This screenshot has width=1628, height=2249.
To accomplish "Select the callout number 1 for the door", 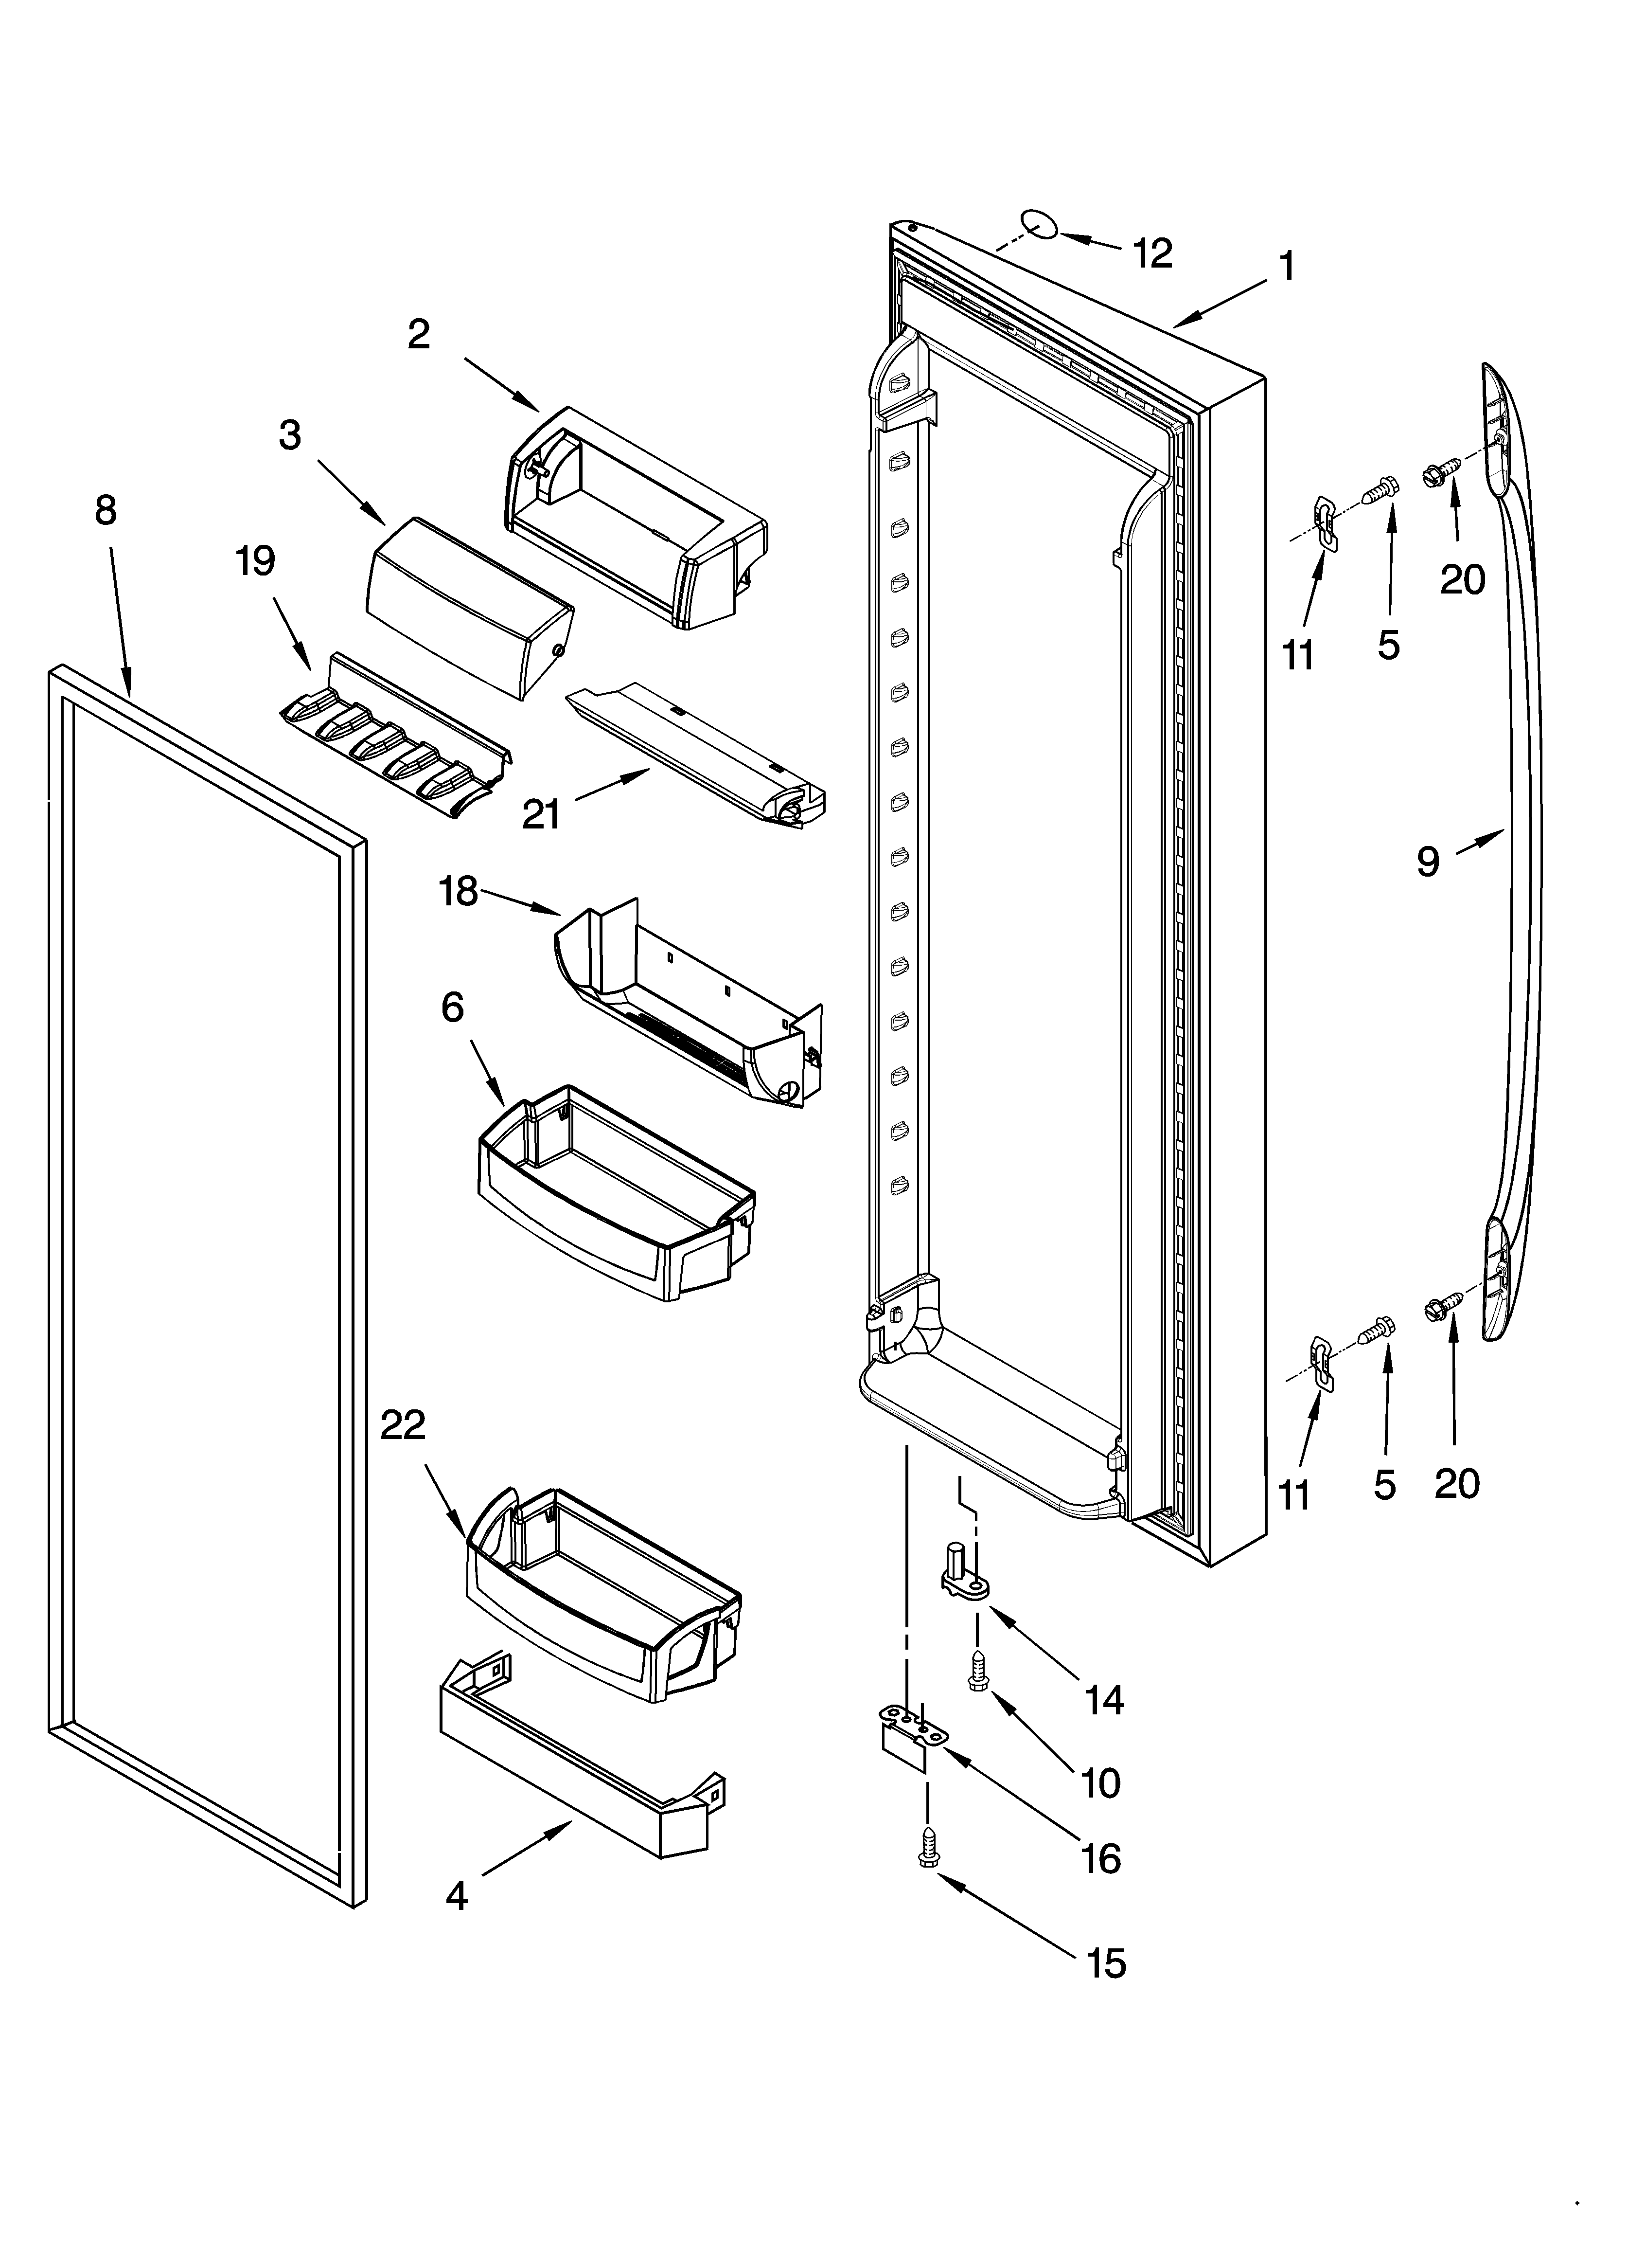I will [1286, 267].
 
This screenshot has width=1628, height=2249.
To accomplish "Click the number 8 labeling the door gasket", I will [105, 511].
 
